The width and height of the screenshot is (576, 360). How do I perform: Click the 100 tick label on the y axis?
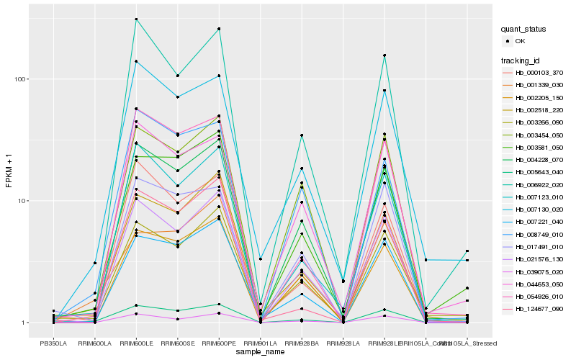point(22,78)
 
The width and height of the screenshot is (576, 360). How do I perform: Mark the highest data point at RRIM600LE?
point(136,19)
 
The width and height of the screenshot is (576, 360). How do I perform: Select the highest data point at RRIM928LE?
point(384,55)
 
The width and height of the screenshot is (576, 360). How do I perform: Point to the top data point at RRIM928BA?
point(302,135)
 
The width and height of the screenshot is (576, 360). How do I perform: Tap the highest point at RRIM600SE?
point(177,76)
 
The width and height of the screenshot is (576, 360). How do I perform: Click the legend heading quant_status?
point(523,30)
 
